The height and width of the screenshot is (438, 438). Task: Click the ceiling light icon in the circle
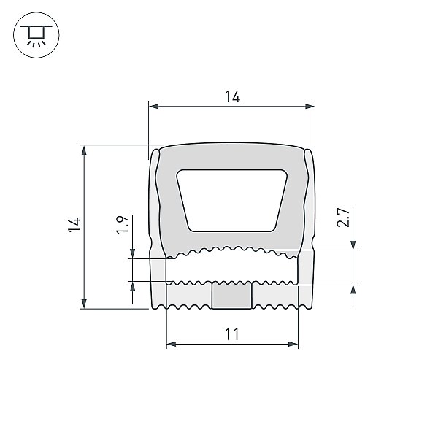pos(36,35)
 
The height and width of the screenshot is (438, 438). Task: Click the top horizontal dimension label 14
pos(232,96)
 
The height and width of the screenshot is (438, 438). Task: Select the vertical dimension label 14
pos(74,225)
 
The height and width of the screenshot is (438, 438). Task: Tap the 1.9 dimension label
pos(123,225)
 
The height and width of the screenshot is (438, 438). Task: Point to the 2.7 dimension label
pos(343,218)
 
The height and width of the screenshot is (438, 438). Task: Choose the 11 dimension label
pos(232,334)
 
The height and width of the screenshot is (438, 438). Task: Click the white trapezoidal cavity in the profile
pos(232,200)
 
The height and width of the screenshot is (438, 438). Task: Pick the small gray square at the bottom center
pos(232,296)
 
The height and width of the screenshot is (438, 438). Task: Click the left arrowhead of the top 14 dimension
pos(153,106)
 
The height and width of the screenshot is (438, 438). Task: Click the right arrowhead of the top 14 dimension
pos(310,106)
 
